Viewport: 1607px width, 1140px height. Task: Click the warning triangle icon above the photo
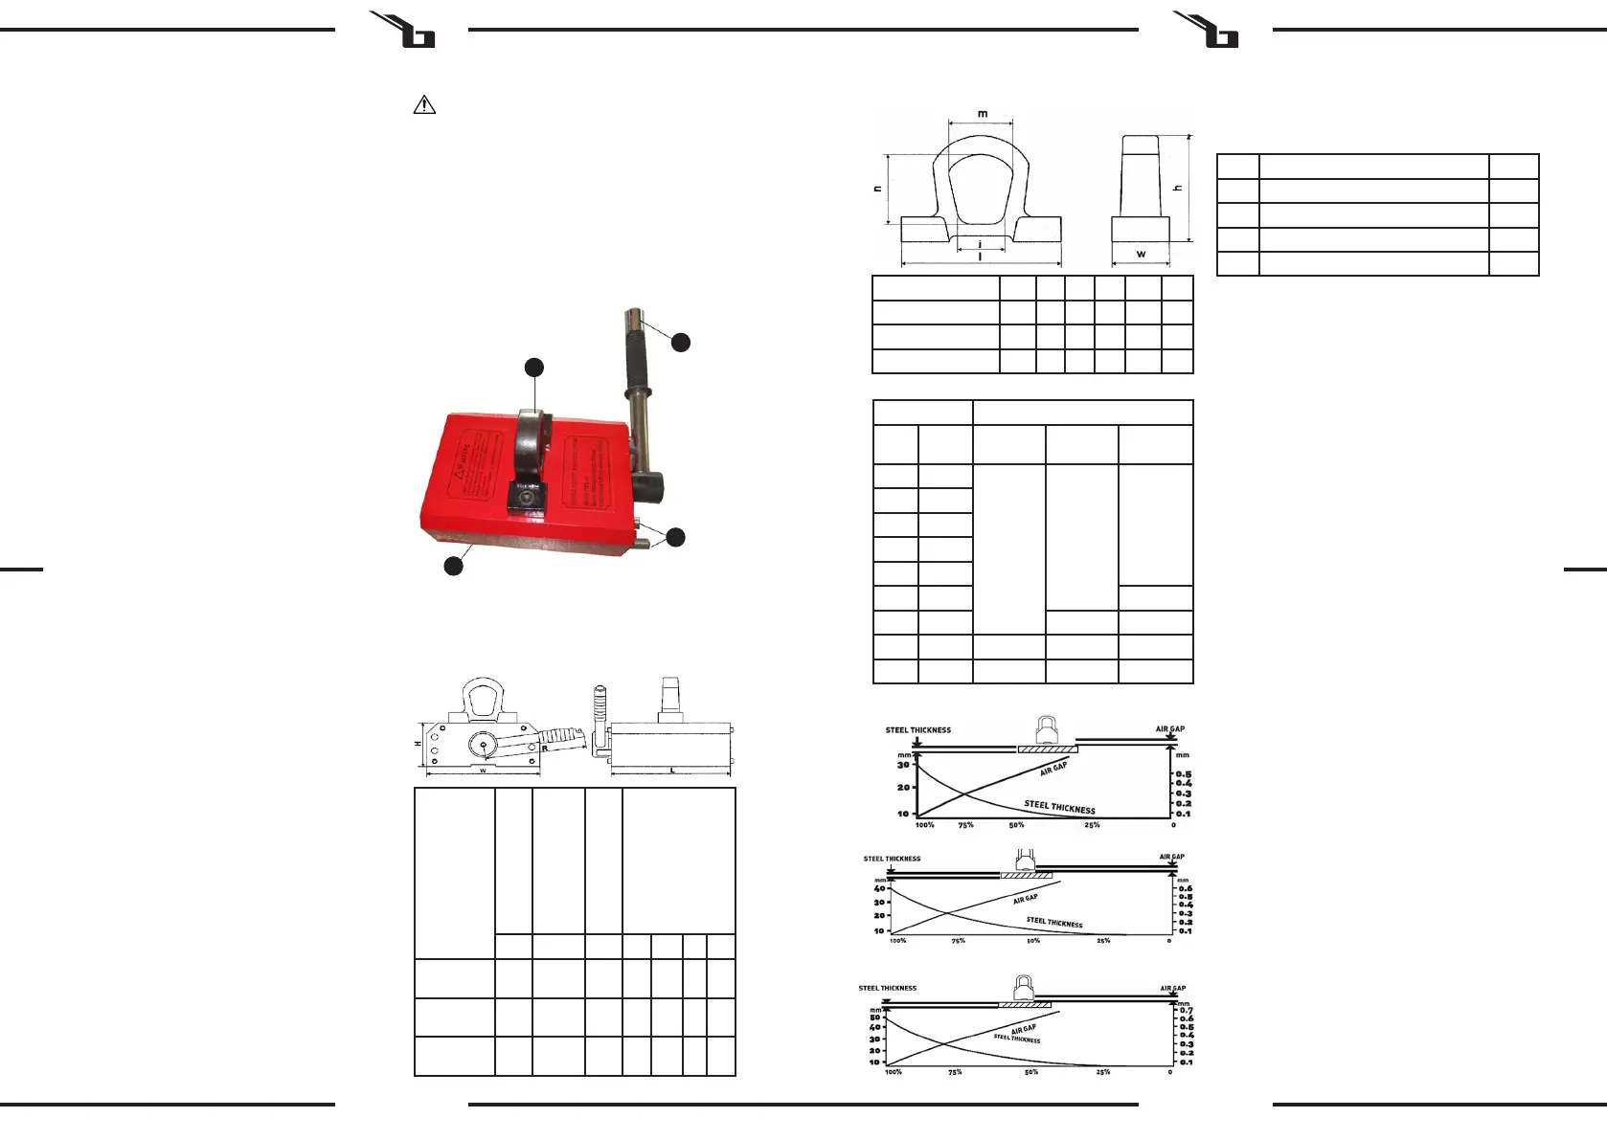[423, 105]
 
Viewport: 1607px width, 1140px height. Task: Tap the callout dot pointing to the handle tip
[680, 342]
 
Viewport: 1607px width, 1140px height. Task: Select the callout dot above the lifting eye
[534, 368]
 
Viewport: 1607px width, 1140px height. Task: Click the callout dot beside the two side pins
[675, 537]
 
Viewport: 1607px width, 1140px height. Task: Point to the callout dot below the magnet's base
[453, 566]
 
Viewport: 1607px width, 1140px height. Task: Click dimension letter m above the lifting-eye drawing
[983, 113]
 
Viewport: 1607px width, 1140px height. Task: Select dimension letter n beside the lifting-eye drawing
[878, 189]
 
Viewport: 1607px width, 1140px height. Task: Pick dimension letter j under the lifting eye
[980, 245]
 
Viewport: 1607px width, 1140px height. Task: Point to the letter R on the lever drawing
[544, 749]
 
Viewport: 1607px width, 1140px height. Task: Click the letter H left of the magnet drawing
[419, 744]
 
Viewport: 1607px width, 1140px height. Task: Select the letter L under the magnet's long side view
[671, 771]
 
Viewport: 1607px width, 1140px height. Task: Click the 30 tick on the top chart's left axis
[902, 765]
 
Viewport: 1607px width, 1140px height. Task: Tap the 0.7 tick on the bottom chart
[1187, 1010]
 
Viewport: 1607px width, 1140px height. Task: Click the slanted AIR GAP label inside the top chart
[1052, 769]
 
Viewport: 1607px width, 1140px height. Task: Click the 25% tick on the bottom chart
[1103, 1072]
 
